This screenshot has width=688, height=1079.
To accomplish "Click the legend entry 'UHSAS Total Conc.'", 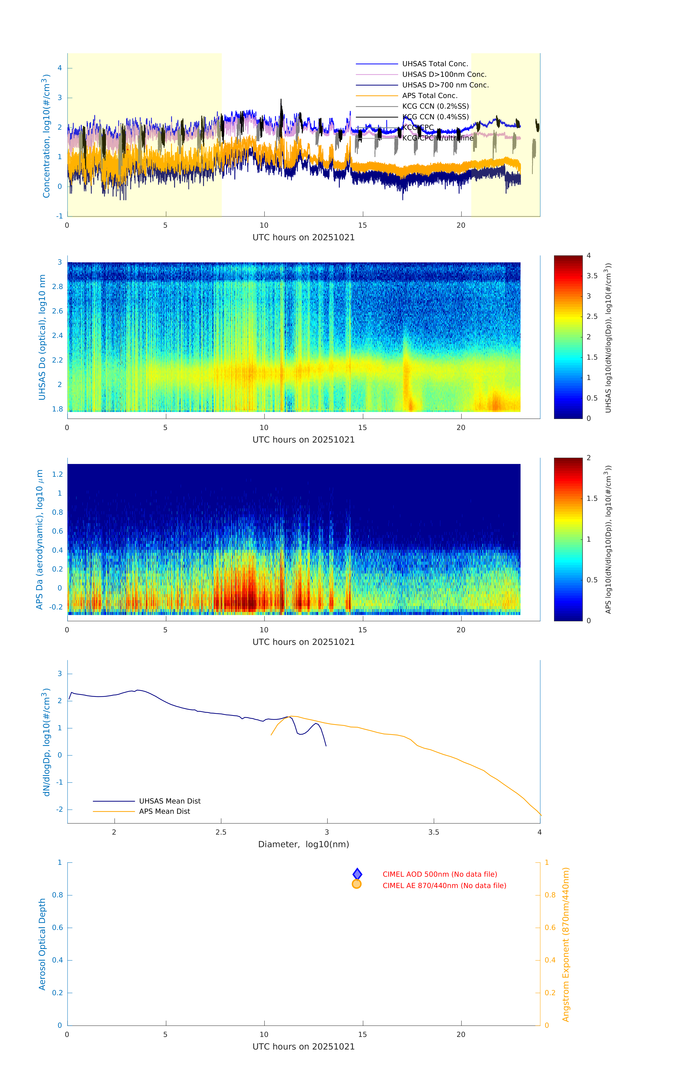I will (x=435, y=64).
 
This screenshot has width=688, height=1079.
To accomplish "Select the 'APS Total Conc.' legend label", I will (x=429, y=95).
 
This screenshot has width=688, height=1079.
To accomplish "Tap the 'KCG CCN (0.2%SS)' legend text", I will (x=435, y=106).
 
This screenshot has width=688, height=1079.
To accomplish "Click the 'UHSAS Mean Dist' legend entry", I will (x=169, y=801).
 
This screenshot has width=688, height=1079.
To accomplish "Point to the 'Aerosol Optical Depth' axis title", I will (x=42, y=944).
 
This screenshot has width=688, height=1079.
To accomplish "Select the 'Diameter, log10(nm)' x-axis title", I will (x=303, y=844).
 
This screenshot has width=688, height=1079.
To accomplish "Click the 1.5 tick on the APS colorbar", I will (x=592, y=498).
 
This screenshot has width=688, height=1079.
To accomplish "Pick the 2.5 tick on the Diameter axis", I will (x=221, y=832).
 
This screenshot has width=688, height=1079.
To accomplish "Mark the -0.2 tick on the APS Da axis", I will (x=56, y=607).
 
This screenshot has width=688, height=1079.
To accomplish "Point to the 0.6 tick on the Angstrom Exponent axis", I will (x=550, y=928).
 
